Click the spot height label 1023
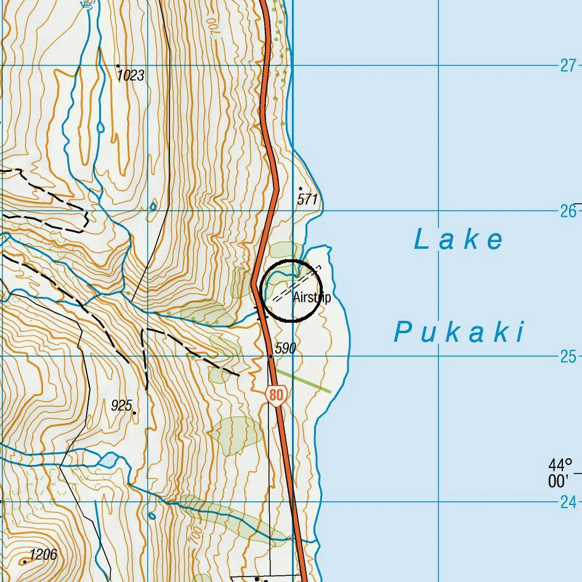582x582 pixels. [131, 76]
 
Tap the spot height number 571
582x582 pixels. [307, 200]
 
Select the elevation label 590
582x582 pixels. [285, 349]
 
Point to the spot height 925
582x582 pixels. [121, 405]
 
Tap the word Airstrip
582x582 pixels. [312, 298]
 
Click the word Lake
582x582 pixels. [459, 240]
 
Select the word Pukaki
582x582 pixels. [459, 333]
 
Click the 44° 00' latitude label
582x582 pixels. [560, 472]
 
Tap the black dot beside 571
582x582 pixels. [301, 188]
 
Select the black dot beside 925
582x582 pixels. [134, 413]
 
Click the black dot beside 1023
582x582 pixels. [118, 65]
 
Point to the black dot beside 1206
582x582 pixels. [25, 562]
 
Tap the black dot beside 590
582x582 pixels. [270, 356]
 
